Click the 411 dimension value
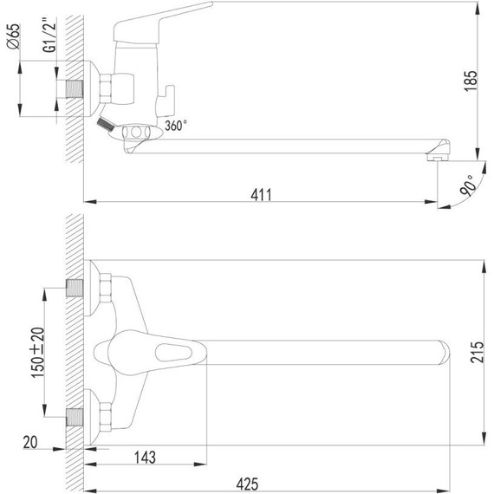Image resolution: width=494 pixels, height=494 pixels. pyautogui.click(x=261, y=195)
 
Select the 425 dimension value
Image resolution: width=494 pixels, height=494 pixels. pyautogui.click(x=247, y=484)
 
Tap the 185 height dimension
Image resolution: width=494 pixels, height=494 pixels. pyautogui.click(x=471, y=81)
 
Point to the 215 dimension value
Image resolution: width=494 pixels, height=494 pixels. pyautogui.click(x=477, y=352)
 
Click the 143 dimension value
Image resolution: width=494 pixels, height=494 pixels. pyautogui.click(x=146, y=458)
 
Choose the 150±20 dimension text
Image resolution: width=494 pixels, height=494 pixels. pyautogui.click(x=38, y=353)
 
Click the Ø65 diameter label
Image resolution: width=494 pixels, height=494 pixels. pyautogui.click(x=14, y=36)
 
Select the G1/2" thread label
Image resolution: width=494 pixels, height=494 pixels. pyautogui.click(x=49, y=35)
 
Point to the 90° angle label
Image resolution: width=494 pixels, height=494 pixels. pyautogui.click(x=468, y=185)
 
